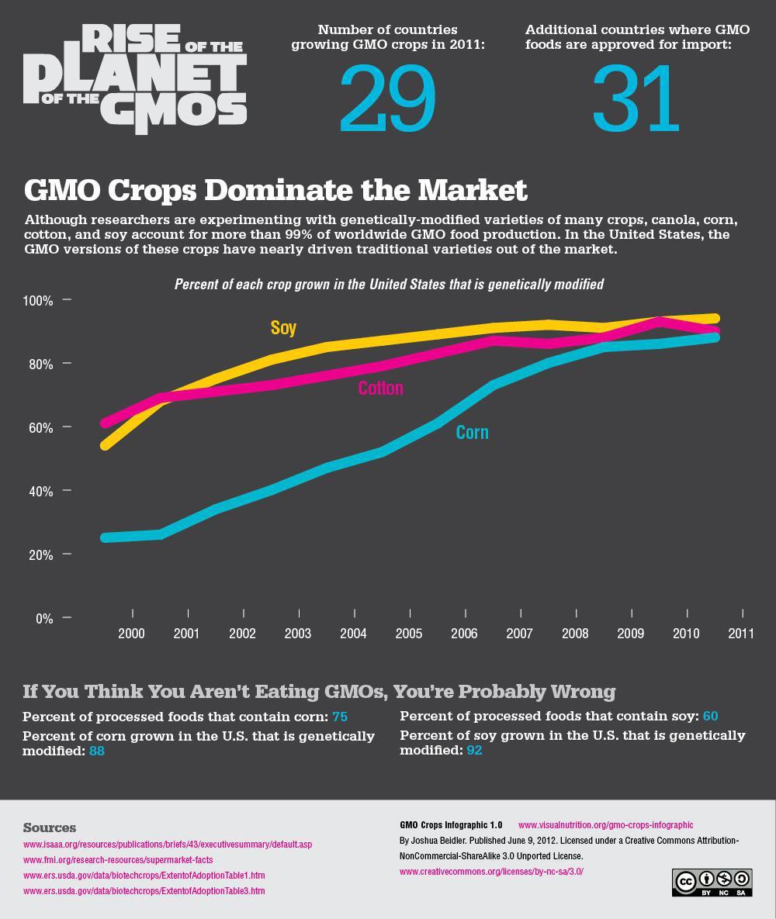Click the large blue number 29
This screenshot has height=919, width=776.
coord(387,99)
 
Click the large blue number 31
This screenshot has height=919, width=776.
coord(636,99)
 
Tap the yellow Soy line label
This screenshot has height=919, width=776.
coord(283,327)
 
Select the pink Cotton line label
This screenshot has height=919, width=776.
coord(380,388)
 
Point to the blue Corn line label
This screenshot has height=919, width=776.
coord(472,432)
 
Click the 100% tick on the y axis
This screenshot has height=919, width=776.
coord(37,300)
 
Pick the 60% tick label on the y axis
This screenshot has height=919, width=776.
coord(37,427)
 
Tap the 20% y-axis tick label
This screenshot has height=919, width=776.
coord(37,555)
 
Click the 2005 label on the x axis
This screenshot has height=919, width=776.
coord(409,634)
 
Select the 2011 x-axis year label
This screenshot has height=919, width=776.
coord(741,634)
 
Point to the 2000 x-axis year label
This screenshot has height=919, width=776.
coord(131,634)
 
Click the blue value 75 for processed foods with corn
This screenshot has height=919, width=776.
coord(339,717)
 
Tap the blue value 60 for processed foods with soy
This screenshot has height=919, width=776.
coord(710,716)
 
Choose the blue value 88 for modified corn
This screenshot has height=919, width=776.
coord(96,751)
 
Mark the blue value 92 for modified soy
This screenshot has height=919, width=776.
coord(473,750)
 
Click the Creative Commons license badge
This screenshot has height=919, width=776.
coord(712,883)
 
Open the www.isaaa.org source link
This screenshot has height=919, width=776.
coord(168,844)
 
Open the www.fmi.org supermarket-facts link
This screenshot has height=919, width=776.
coord(118,859)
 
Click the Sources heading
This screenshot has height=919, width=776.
coord(50,827)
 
